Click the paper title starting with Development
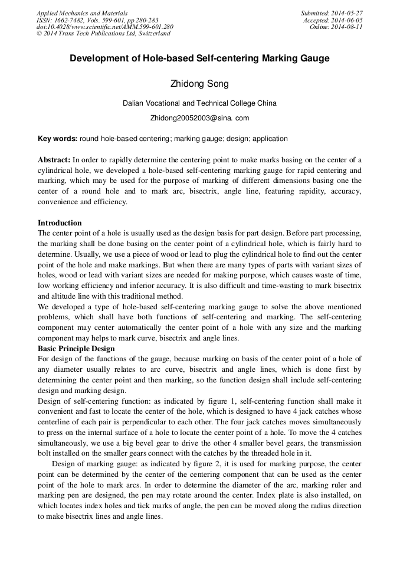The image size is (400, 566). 199,58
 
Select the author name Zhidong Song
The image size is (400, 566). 199,84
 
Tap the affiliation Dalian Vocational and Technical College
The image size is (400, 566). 199,103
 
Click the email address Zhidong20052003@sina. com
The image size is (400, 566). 199,118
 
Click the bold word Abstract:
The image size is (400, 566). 54,159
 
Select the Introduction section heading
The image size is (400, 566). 60,223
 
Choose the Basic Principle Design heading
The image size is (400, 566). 76,348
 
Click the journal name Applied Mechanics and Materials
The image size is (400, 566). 83,12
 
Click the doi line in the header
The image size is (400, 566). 105,27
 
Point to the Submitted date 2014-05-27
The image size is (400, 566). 346,12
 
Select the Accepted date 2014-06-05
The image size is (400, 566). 346,19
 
